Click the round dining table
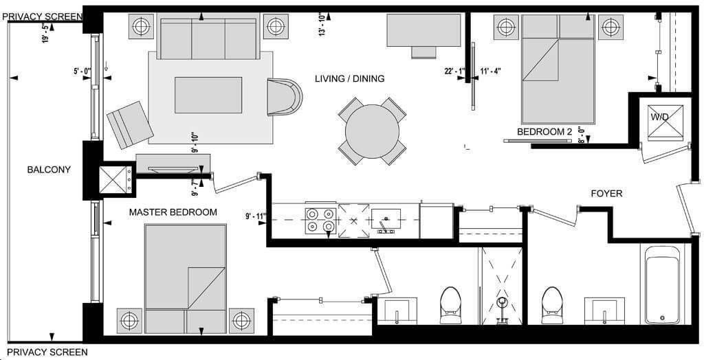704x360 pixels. point(372,131)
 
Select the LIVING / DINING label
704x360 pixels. point(350,78)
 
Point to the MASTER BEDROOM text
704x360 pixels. point(173,212)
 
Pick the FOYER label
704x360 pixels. point(606,194)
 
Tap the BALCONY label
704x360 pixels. point(49,170)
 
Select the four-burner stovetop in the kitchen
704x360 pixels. point(320,221)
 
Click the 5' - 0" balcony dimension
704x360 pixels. point(82,71)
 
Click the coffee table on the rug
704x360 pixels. point(208,95)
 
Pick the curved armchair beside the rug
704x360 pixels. point(284,97)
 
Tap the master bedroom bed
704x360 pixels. point(186,279)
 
